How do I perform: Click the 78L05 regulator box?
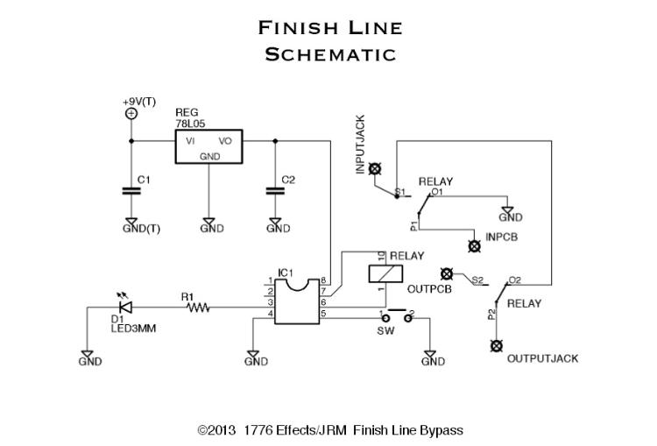(208, 146)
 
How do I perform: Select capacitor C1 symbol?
(131, 189)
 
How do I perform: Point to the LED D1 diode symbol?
(125, 308)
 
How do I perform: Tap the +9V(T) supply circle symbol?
(131, 113)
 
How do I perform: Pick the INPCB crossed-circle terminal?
(476, 247)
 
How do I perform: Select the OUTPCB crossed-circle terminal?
(446, 274)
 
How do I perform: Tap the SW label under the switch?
(385, 332)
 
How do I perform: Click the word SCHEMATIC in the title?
(330, 54)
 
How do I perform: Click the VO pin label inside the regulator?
(225, 140)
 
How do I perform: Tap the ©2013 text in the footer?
(217, 430)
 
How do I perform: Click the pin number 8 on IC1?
(324, 280)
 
